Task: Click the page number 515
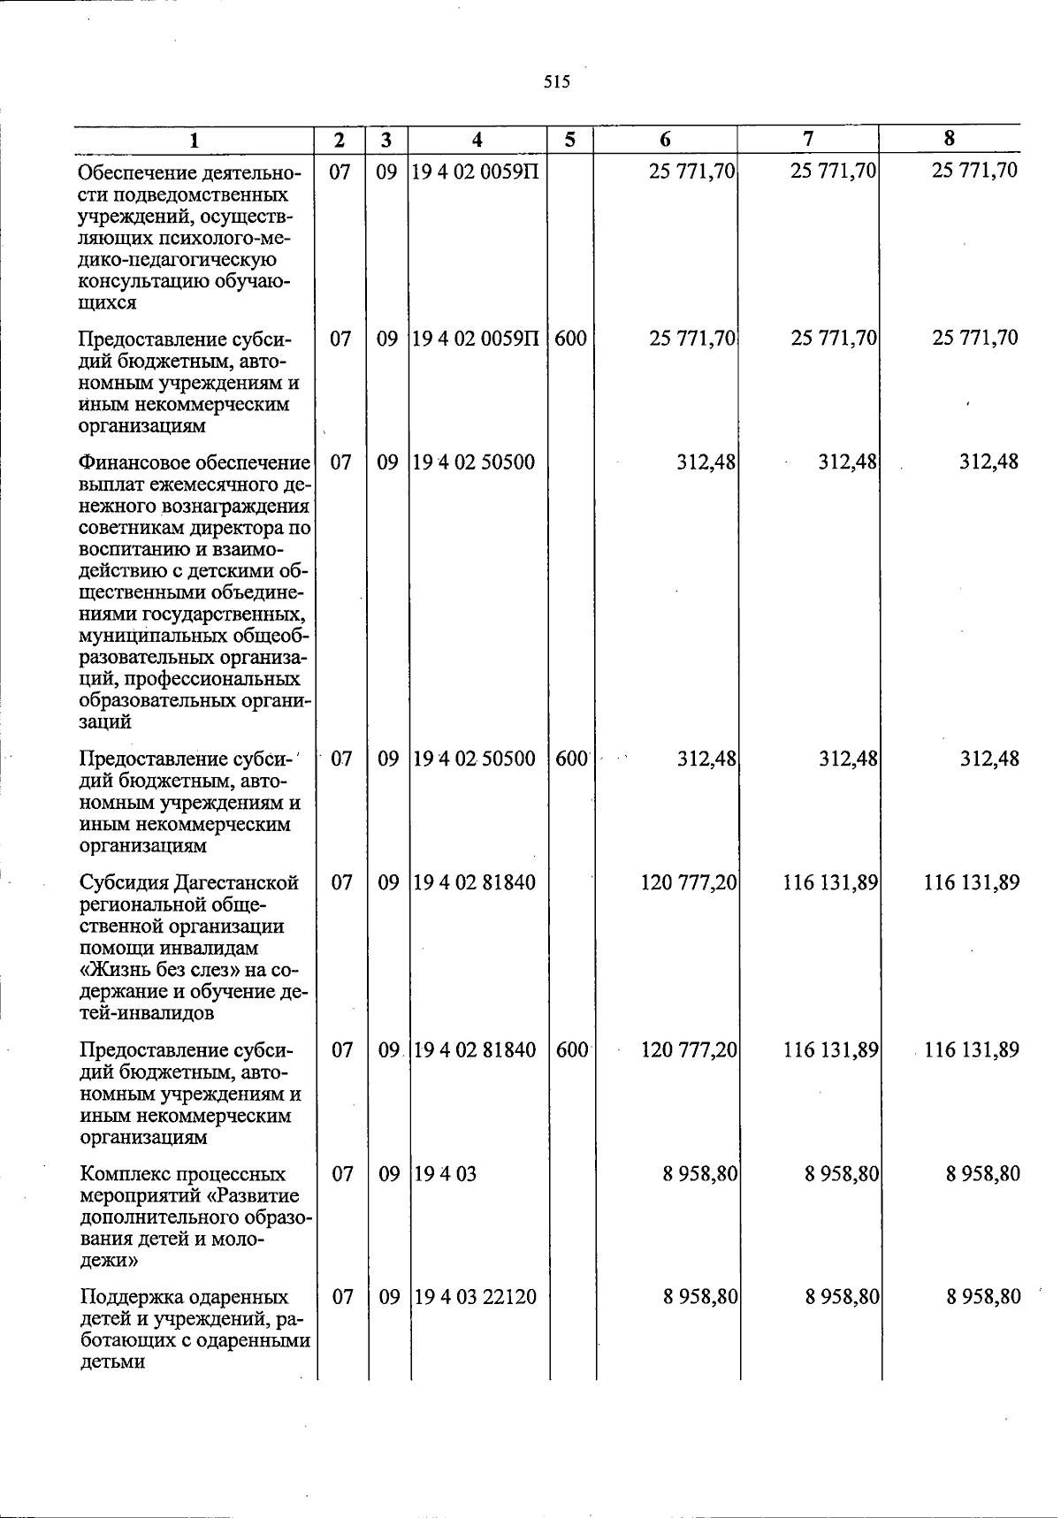pyautogui.click(x=557, y=82)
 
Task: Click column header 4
pyautogui.click(x=477, y=140)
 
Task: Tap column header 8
pyautogui.click(x=950, y=138)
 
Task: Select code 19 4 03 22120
pyautogui.click(x=475, y=1297)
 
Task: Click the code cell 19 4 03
pyautogui.click(x=446, y=1174)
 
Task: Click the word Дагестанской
pyautogui.click(x=236, y=882)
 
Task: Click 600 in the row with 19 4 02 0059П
pyautogui.click(x=571, y=339)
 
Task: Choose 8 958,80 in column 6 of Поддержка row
pyautogui.click(x=701, y=1297)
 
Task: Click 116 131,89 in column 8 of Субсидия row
pyautogui.click(x=972, y=882)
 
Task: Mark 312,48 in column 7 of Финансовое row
pyautogui.click(x=847, y=462)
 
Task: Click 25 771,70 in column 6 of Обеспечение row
pyautogui.click(x=692, y=171)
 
